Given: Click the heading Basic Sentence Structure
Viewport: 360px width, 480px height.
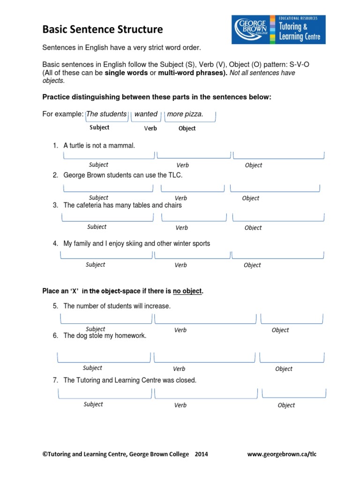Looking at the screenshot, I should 103,30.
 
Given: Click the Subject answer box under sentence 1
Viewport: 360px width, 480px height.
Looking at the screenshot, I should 109,155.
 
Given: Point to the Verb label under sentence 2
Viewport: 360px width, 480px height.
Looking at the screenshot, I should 181,198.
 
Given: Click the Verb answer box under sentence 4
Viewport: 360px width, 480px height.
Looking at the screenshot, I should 192,255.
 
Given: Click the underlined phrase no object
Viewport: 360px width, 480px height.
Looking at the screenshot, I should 187,291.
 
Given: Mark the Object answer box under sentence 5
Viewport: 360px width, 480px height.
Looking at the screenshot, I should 292,319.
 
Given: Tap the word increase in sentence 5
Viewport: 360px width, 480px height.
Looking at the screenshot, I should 158,306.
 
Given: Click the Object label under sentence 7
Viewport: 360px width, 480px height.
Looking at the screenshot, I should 286,405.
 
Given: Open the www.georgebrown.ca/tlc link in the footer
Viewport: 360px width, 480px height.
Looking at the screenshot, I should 282,454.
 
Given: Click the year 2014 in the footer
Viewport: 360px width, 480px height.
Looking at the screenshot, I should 201,454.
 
